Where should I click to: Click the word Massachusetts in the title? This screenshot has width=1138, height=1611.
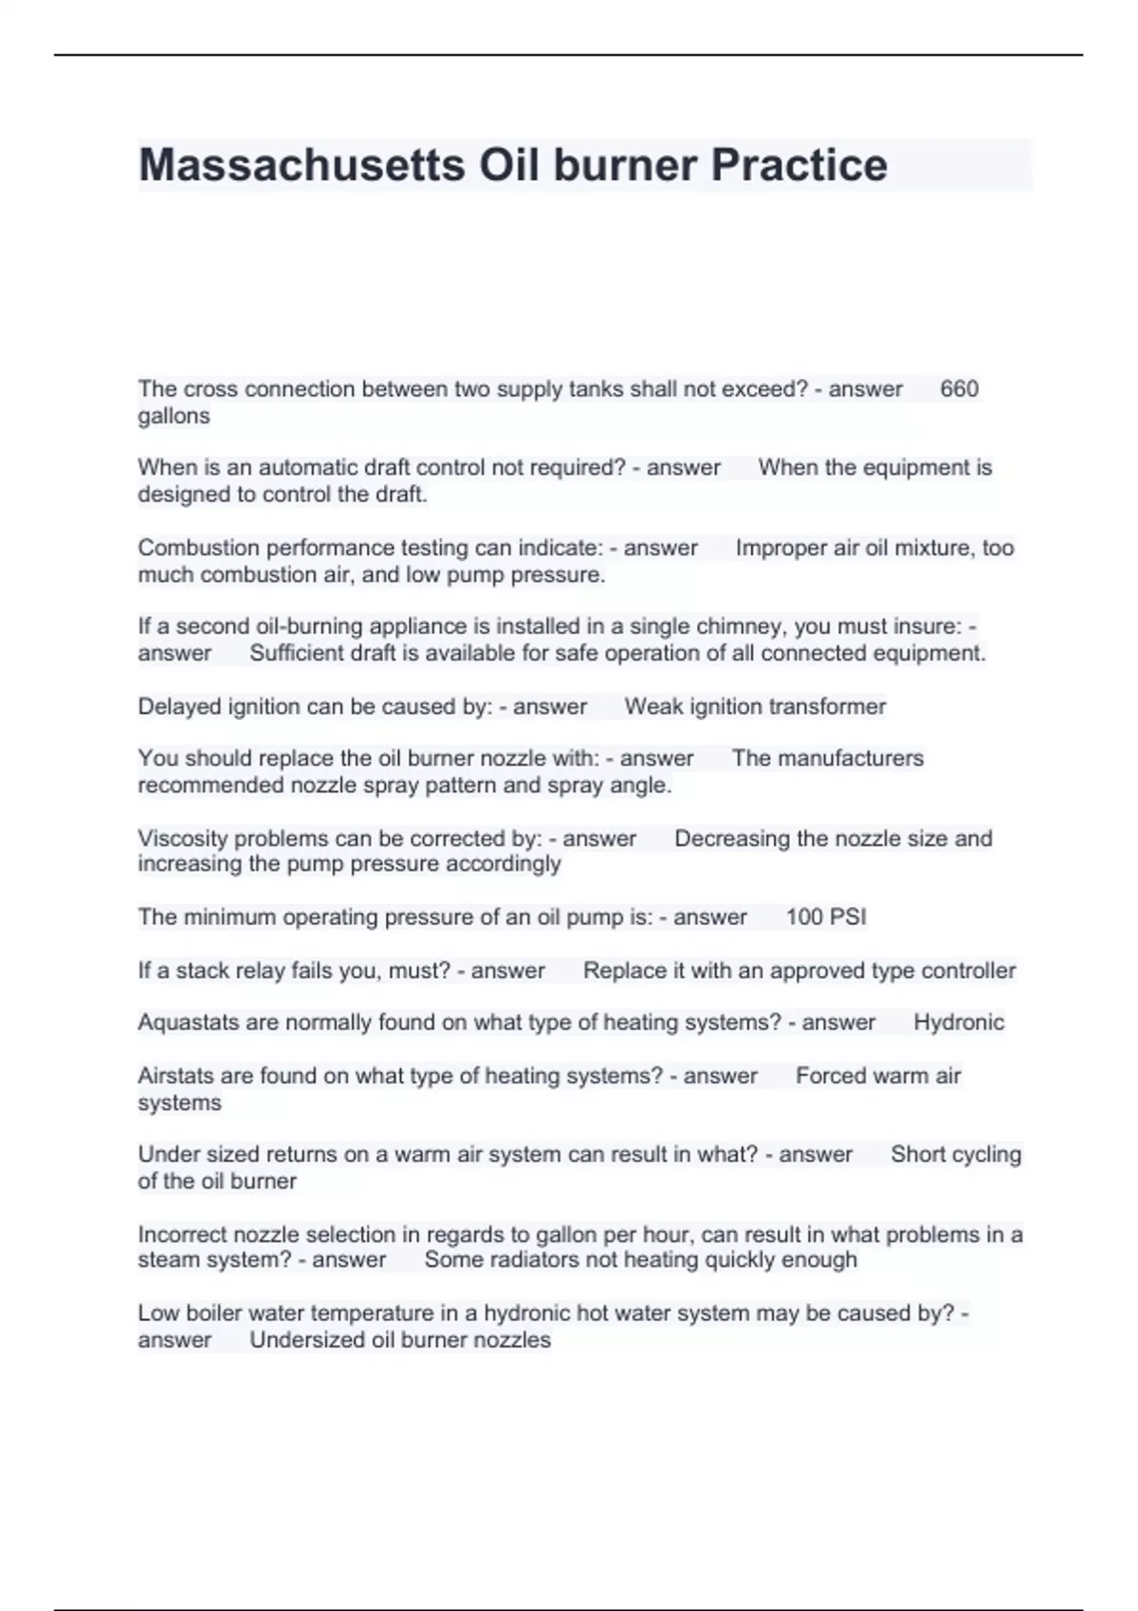(x=302, y=165)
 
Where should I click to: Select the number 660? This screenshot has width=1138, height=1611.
(x=959, y=389)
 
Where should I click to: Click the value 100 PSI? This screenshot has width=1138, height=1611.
(x=826, y=917)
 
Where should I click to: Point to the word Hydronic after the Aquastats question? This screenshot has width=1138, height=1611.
(x=959, y=1023)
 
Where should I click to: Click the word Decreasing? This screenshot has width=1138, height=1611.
(x=732, y=839)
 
